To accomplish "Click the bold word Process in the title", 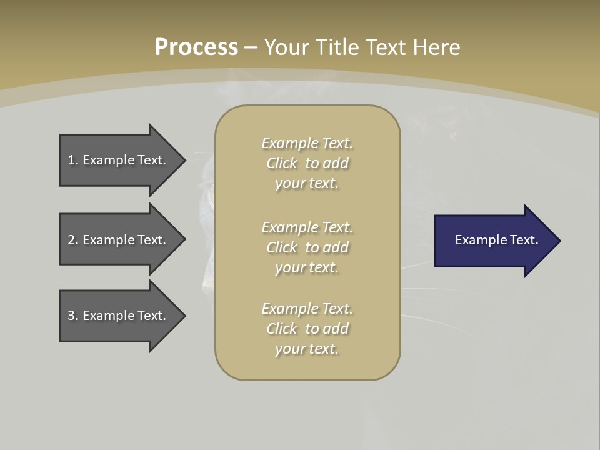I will click(x=196, y=47).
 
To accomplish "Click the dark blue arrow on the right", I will click(x=494, y=241).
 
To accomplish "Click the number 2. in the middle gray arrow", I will click(x=72, y=240).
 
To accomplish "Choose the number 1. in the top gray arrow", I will click(x=72, y=160).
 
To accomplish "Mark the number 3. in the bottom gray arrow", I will click(x=72, y=316).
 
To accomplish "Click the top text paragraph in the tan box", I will click(x=307, y=163).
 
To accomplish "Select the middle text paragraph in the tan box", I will click(x=307, y=247).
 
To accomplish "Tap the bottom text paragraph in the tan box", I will click(x=307, y=329).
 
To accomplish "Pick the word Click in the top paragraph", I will click(x=282, y=163).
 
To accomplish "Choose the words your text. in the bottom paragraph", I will click(x=307, y=349).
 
